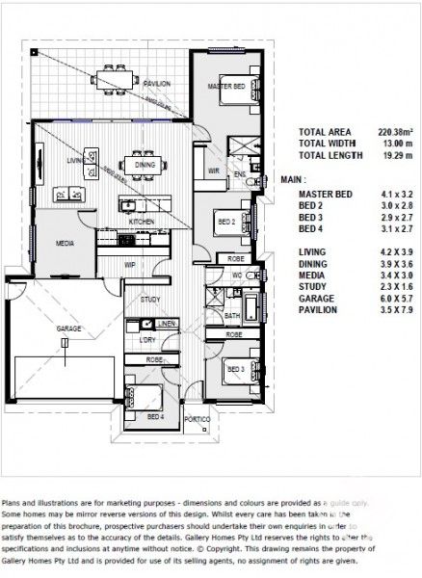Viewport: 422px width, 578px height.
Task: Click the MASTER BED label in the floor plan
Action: pyautogui.click(x=224, y=87)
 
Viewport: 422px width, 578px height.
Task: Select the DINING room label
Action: pyautogui.click(x=145, y=166)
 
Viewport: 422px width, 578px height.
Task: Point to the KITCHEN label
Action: pyautogui.click(x=142, y=222)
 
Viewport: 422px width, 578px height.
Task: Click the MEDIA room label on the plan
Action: pyautogui.click(x=65, y=244)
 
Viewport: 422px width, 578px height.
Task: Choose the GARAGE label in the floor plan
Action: pyautogui.click(x=67, y=329)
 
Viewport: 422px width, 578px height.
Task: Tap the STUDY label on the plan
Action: pyautogui.click(x=149, y=300)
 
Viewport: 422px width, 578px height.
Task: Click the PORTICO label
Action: pyautogui.click(x=198, y=419)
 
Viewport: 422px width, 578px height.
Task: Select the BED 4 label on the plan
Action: pyautogui.click(x=155, y=417)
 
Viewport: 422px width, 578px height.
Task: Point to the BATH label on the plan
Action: pyautogui.click(x=232, y=315)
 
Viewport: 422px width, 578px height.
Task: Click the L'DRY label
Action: pyautogui.click(x=147, y=340)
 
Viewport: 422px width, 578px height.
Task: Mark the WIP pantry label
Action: pyautogui.click(x=130, y=263)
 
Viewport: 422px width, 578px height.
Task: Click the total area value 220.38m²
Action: pyautogui.click(x=395, y=132)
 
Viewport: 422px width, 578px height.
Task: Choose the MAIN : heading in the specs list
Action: pyautogui.click(x=293, y=179)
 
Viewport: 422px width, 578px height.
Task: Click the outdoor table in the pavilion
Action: pyautogui.click(x=114, y=73)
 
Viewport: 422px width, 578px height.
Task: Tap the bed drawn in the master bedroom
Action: pyautogui.click(x=232, y=90)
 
